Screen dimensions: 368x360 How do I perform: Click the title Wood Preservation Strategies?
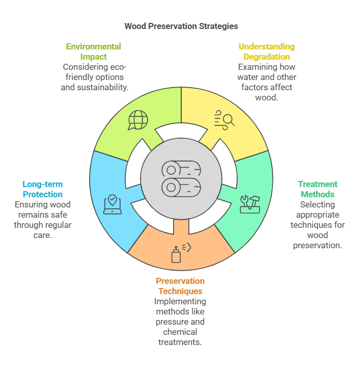tap(181, 25)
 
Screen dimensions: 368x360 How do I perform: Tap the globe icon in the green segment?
tap(137, 120)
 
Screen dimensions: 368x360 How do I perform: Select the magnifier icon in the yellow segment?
tap(225, 119)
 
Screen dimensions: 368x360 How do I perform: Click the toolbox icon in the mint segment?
tap(250, 203)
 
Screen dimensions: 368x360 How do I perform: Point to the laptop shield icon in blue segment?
tap(112, 204)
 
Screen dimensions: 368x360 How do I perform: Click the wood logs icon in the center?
tap(181, 179)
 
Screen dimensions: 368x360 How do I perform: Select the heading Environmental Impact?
tap(93, 51)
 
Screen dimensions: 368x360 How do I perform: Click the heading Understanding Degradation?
tap(266, 51)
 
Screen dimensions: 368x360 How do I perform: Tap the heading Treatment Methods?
tap(317, 189)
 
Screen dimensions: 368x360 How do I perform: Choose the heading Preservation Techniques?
tap(180, 286)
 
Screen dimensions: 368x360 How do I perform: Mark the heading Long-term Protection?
tap(43, 189)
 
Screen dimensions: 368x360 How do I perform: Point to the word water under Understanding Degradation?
tap(248, 77)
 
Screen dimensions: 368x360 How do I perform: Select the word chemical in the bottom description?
tap(180, 332)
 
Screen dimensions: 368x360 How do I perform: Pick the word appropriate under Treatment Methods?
tap(317, 215)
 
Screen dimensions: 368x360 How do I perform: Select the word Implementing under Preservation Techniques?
tap(180, 301)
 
